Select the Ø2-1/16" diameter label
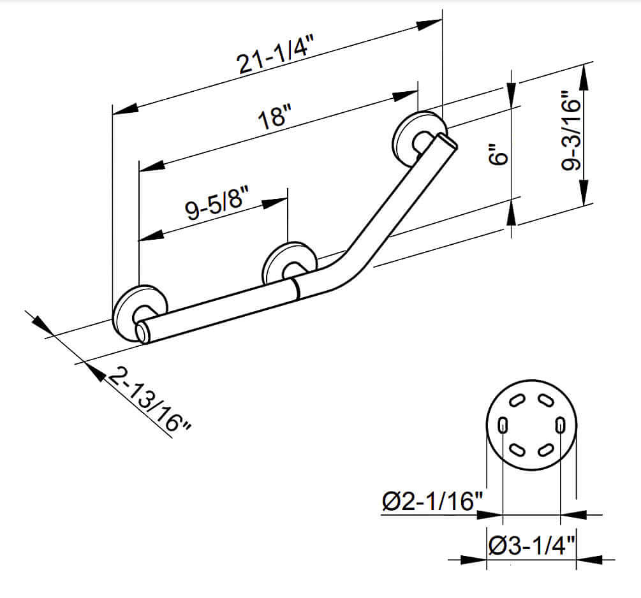[431, 502]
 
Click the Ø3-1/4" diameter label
[532, 546]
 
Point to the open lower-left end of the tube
[142, 333]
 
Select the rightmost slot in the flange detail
[560, 425]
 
